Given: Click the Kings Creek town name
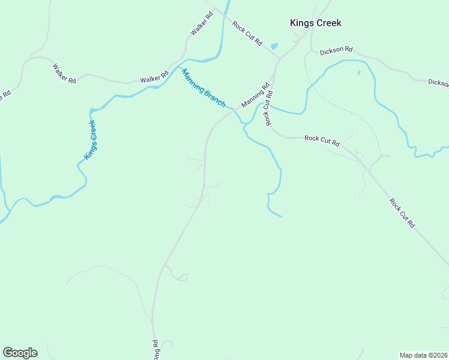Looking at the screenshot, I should pos(315,23).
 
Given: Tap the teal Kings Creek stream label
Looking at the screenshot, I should pos(90,140).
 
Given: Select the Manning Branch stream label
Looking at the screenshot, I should pos(203,88).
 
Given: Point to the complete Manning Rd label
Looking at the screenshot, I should pos(256,95).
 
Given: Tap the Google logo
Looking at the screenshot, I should pos(20,353).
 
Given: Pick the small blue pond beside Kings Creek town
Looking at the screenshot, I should pos(274,46).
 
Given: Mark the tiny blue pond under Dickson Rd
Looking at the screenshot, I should pos(358,73).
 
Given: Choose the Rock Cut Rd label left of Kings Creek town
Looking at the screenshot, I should pos(247,34).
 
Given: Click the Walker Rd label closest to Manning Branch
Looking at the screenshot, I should pos(155,78).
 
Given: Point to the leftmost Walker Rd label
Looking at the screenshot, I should pos(64,73).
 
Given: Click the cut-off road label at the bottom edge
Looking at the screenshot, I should pos(155,350).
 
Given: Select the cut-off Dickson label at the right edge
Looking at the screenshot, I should pos(438,83).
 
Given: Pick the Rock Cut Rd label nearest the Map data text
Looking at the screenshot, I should pos(402,212).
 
